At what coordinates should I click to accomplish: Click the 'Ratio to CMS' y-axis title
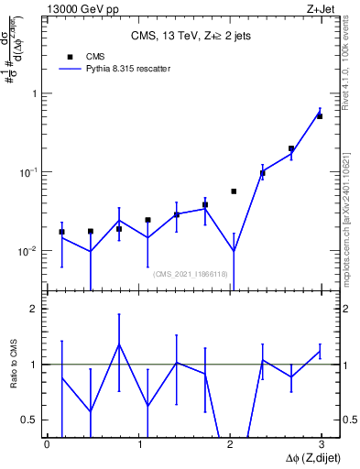coord(14,365)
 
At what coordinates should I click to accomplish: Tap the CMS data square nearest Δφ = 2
coord(234,191)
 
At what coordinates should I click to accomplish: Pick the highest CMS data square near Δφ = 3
coord(320,116)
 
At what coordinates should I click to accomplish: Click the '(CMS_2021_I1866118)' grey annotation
coord(190,273)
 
